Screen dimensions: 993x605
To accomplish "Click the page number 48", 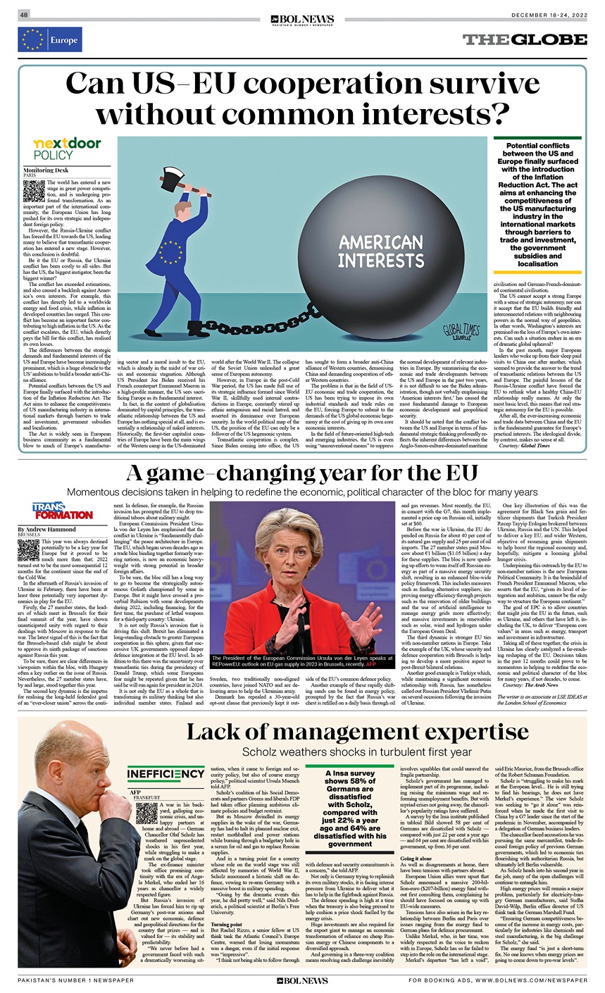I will [25, 14].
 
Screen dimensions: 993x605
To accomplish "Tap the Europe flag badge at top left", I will [50, 40].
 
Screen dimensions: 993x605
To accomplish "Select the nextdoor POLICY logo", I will [68, 149].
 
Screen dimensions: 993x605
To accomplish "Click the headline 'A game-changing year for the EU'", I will [302, 473].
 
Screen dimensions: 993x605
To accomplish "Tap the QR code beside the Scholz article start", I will [145, 813].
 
